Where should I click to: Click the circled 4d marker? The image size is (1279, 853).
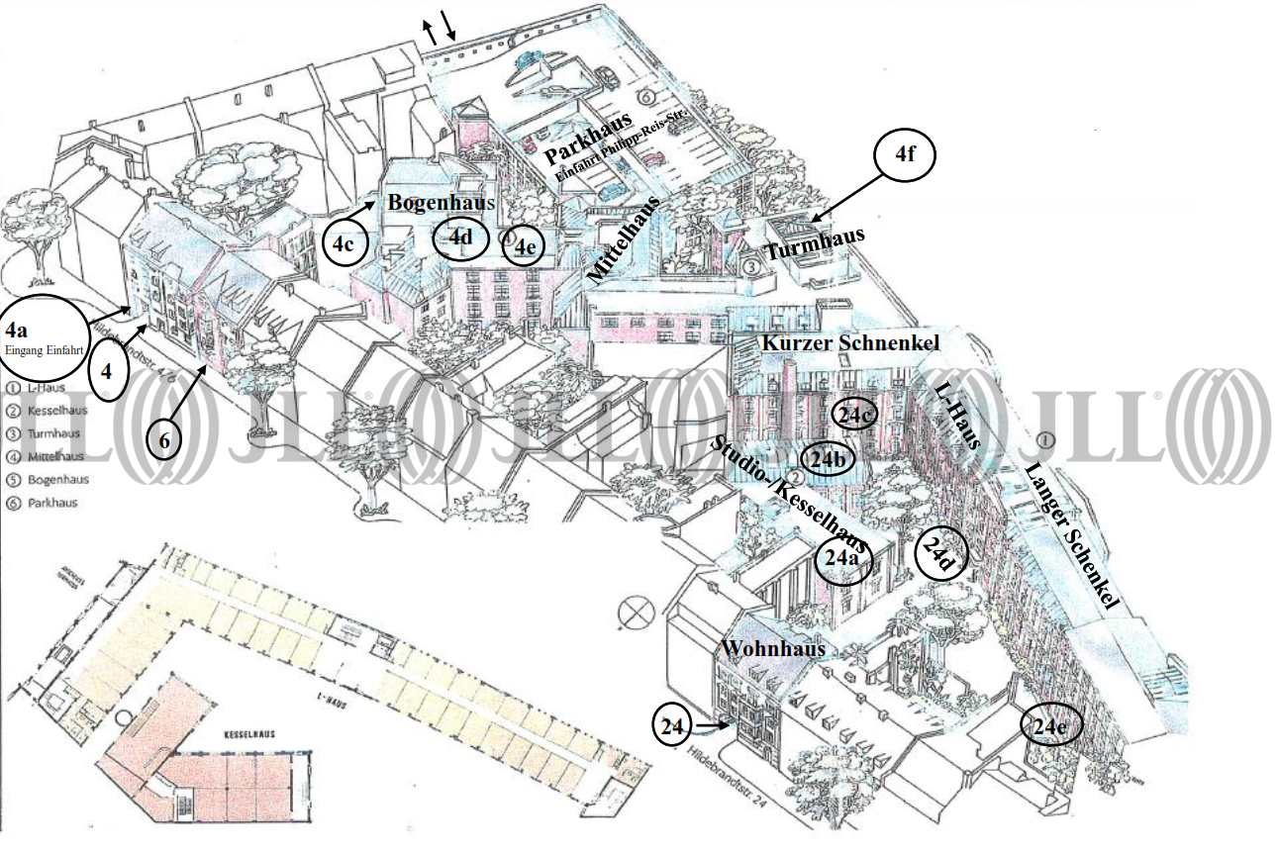pyautogui.click(x=461, y=237)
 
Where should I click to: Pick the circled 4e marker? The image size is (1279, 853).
pyautogui.click(x=524, y=245)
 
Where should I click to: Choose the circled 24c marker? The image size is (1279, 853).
pyautogui.click(x=853, y=417)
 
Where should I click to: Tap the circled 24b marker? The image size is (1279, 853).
pyautogui.click(x=828, y=459)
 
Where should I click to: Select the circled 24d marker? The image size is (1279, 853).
pyautogui.click(x=936, y=554)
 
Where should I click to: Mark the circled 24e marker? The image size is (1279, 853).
pyautogui.click(x=1050, y=726)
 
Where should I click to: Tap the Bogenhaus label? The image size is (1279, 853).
pyautogui.click(x=441, y=203)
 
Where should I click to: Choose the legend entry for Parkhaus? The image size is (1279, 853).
pyautogui.click(x=45, y=503)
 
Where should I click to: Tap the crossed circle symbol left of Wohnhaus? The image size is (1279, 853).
pyautogui.click(x=631, y=614)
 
